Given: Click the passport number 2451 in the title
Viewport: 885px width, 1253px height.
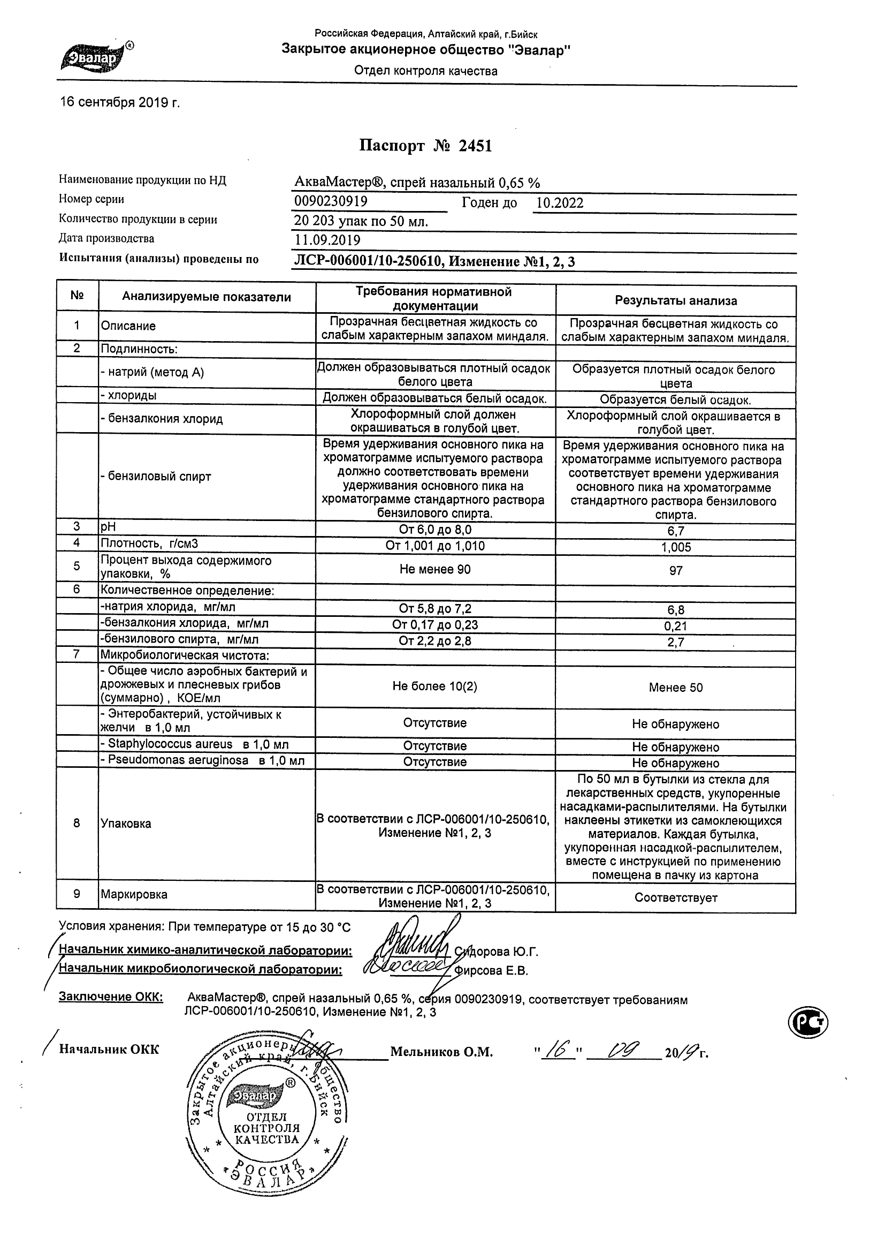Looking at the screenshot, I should click(476, 146).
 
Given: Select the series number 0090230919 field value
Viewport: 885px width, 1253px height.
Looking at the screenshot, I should click(331, 201).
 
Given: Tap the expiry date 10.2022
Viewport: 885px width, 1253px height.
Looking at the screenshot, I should click(560, 203).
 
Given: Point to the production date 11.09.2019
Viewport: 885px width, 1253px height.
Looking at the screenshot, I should click(327, 239).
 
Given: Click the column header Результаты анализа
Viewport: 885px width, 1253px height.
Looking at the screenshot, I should click(676, 300).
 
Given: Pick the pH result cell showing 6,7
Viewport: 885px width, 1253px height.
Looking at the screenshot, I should click(676, 531).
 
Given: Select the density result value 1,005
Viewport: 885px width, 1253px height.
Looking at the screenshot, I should click(676, 547).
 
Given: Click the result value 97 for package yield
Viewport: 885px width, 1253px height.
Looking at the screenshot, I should click(676, 571).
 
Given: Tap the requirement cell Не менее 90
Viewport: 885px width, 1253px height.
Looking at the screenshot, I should click(434, 570).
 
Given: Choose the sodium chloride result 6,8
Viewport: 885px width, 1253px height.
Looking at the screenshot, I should click(676, 610).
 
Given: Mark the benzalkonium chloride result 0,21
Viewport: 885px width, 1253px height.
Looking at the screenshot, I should click(676, 626).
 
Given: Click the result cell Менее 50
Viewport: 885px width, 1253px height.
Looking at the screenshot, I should click(676, 688).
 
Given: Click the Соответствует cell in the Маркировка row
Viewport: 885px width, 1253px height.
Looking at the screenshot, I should click(676, 898).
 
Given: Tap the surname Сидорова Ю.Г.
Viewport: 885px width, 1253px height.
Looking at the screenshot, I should click(496, 952).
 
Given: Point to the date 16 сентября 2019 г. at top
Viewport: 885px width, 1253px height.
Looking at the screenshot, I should click(120, 103).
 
